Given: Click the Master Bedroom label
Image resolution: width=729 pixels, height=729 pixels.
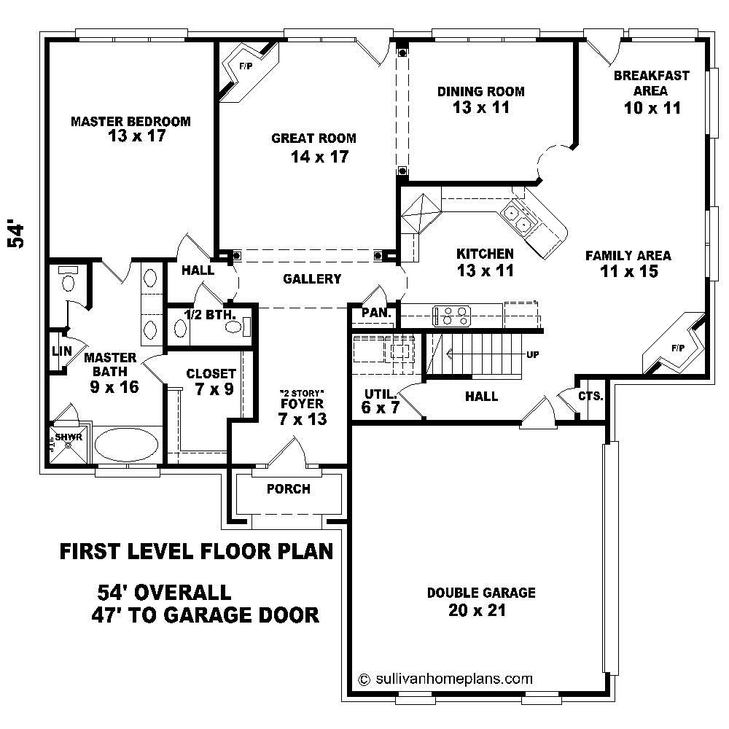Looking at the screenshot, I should [x=130, y=121].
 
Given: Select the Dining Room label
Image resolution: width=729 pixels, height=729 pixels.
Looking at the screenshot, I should [x=480, y=91].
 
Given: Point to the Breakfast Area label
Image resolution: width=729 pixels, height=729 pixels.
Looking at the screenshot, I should [x=651, y=83].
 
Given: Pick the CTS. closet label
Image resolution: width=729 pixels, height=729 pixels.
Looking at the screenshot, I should [x=590, y=397].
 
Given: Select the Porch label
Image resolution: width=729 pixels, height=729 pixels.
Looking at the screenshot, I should [x=288, y=488].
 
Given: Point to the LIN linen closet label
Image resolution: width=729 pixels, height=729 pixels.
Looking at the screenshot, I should [x=61, y=351].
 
